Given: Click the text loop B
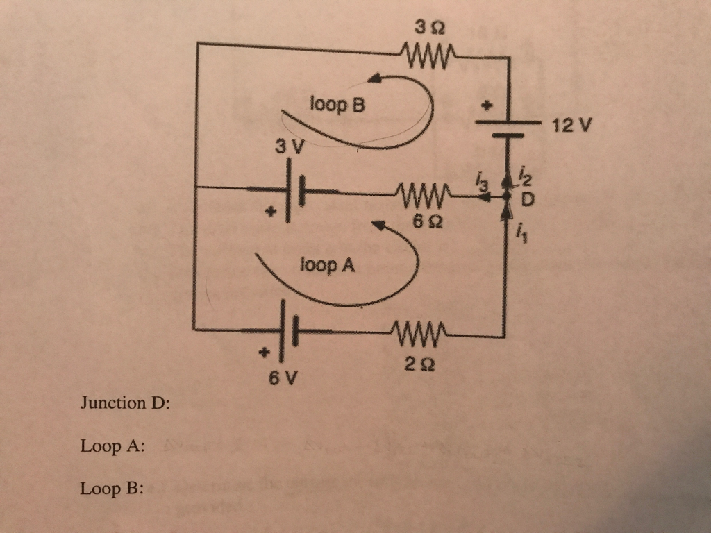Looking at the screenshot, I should (337, 105).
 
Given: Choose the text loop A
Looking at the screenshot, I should (327, 264).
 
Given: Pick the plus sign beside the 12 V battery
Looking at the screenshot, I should (486, 105).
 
